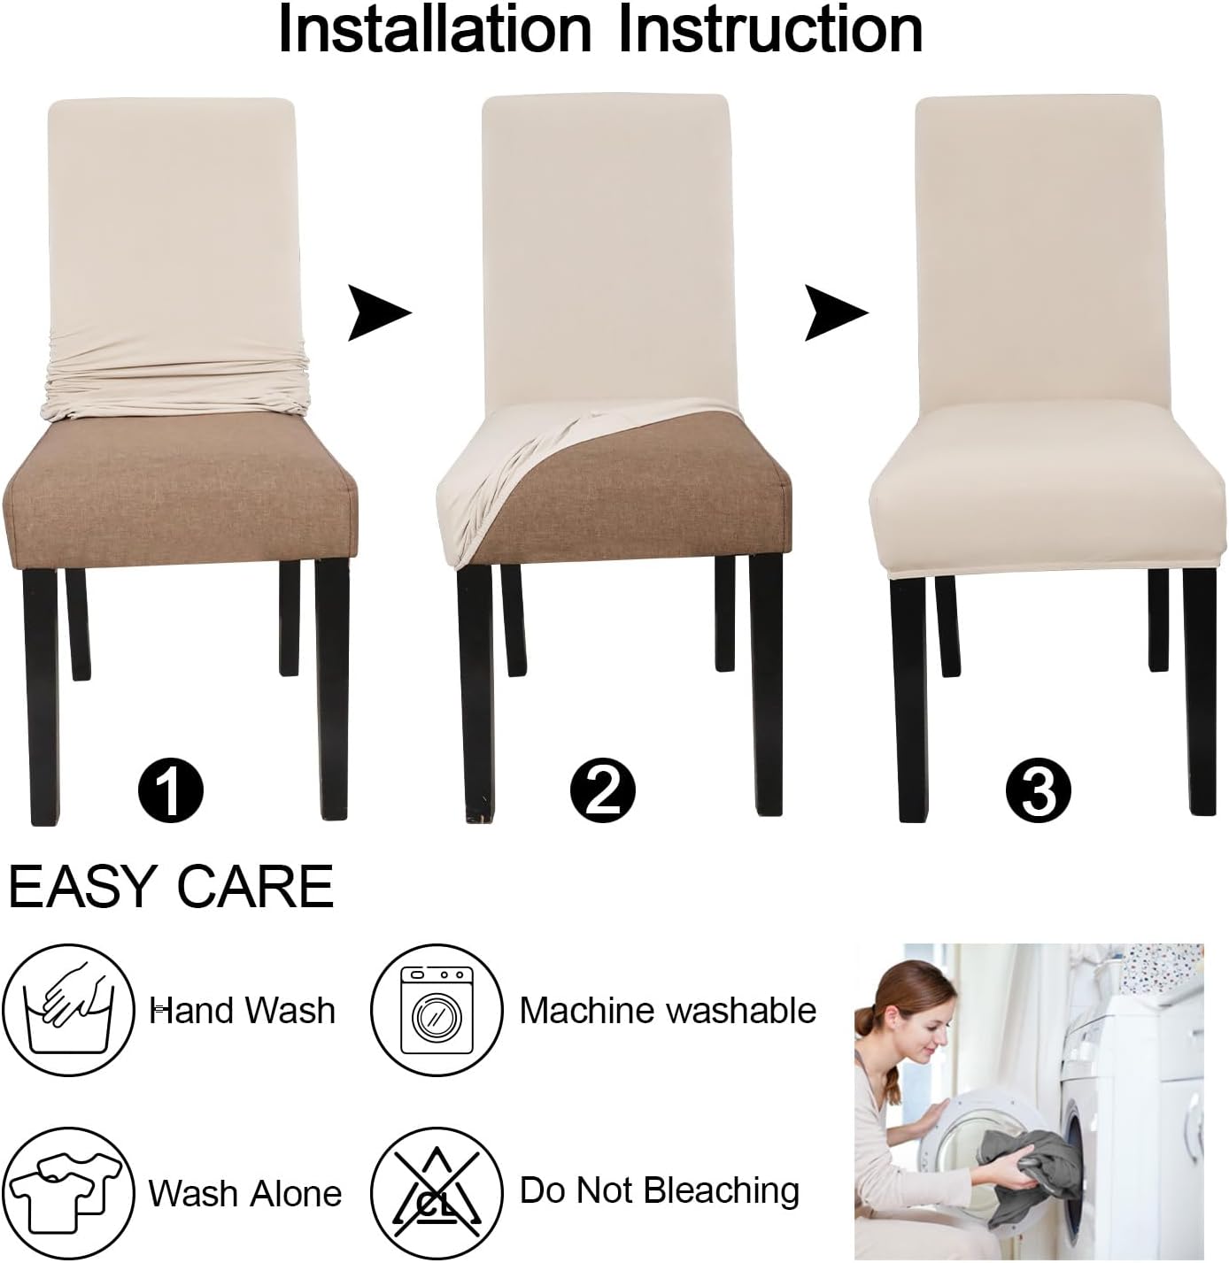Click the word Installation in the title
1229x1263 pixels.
[x=434, y=29]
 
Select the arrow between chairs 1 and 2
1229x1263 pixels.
[x=377, y=312]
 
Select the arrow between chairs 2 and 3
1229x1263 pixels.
[x=833, y=312]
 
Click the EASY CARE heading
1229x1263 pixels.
[x=171, y=886]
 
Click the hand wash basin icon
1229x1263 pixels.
[x=69, y=1009]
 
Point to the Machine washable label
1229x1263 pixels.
[x=668, y=1010]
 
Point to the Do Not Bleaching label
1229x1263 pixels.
[x=659, y=1190]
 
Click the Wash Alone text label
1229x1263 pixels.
[x=245, y=1193]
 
